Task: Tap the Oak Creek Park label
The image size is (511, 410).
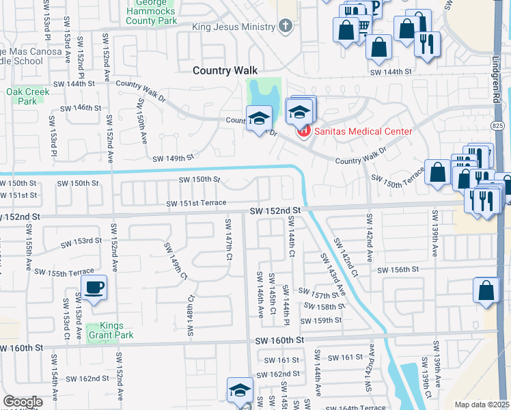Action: (x=21, y=96)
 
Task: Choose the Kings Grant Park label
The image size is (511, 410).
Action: (x=107, y=330)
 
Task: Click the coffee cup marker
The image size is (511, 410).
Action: (x=94, y=287)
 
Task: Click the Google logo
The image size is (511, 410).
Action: (x=23, y=402)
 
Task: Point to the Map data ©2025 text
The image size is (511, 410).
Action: (x=482, y=405)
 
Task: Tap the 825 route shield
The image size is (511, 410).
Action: (x=498, y=126)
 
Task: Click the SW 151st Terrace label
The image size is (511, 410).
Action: (x=196, y=203)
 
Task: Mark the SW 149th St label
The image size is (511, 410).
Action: (x=174, y=158)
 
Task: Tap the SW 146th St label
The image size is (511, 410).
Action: (x=81, y=108)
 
